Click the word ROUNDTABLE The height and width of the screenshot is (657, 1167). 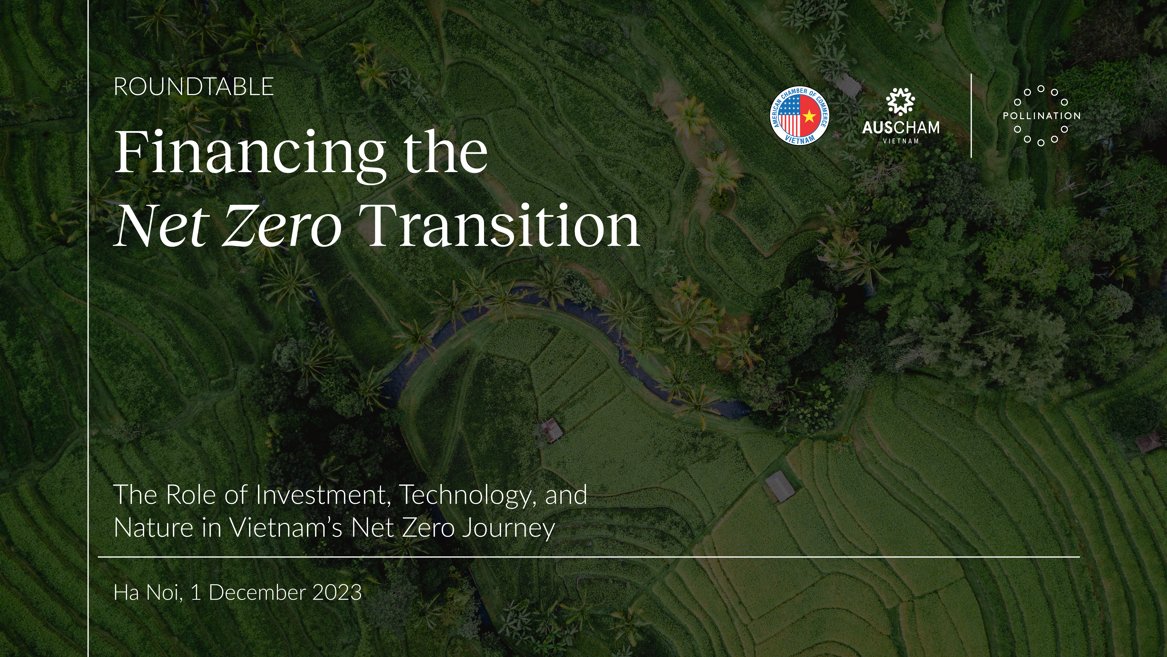194,87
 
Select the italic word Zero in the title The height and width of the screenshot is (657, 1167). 282,225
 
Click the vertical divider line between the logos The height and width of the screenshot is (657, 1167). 971,116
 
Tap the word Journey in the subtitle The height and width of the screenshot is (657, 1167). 508,529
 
